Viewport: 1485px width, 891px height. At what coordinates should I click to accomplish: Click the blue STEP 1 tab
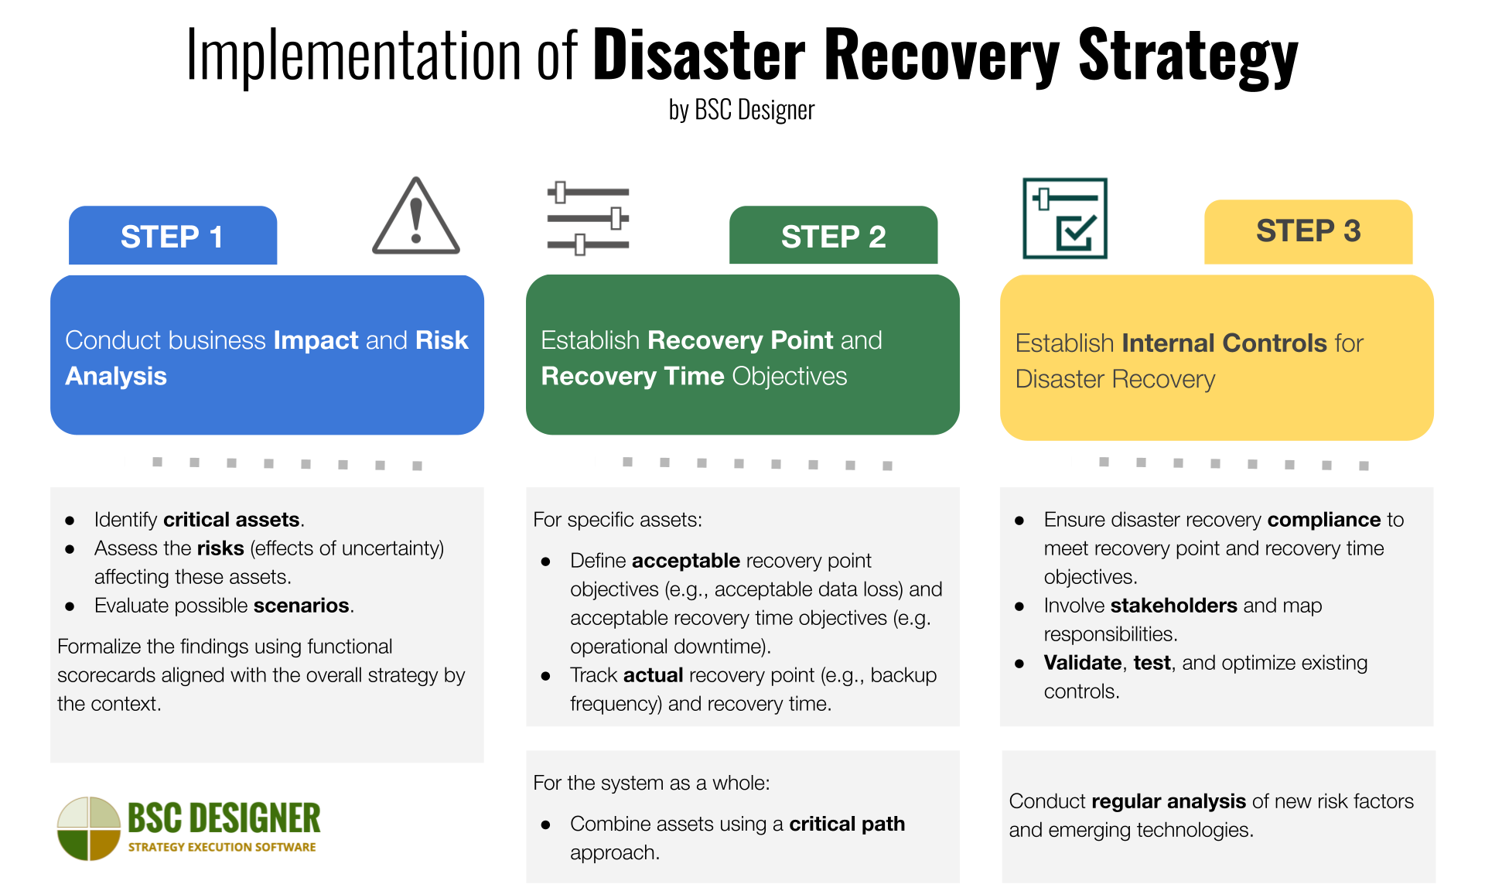pyautogui.click(x=172, y=236)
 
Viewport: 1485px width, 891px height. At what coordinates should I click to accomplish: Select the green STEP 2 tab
pyautogui.click(x=833, y=236)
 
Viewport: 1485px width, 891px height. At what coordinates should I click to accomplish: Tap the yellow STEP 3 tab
pyautogui.click(x=1308, y=230)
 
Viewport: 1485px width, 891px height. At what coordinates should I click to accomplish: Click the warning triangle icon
pyautogui.click(x=416, y=217)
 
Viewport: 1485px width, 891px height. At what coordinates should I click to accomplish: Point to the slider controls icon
pyautogui.click(x=588, y=219)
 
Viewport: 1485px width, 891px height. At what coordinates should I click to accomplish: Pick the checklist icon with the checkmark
pyautogui.click(x=1065, y=218)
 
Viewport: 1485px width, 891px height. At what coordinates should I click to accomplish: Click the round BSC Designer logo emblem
pyautogui.click(x=89, y=828)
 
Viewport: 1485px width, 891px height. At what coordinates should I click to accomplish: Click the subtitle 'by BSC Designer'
pyautogui.click(x=741, y=111)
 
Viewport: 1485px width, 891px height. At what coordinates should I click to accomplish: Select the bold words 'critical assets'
pyautogui.click(x=231, y=520)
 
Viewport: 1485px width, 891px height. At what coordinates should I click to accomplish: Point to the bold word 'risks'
pyautogui.click(x=220, y=548)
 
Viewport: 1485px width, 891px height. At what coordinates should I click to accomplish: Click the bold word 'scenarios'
pyautogui.click(x=301, y=606)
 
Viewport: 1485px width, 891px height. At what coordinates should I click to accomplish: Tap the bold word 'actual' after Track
pyautogui.click(x=653, y=675)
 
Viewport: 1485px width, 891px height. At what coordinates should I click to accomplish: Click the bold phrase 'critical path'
pyautogui.click(x=846, y=824)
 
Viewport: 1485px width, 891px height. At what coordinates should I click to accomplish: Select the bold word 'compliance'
pyautogui.click(x=1323, y=520)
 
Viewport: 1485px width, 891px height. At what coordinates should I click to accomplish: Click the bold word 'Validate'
pyautogui.click(x=1082, y=663)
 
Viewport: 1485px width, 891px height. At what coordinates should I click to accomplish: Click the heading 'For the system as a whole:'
pyautogui.click(x=651, y=783)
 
